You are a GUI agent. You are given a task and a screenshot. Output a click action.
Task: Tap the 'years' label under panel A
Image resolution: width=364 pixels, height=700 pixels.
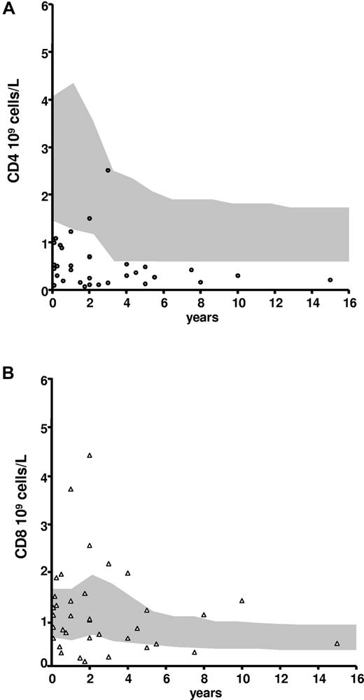tap(201, 318)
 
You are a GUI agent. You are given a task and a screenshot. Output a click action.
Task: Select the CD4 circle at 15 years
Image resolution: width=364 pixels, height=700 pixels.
tap(330, 280)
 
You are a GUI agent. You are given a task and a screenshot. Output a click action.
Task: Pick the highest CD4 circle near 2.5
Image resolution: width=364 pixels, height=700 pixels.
tap(108, 170)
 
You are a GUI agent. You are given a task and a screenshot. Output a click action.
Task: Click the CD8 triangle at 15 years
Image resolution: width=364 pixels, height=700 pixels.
tap(337, 643)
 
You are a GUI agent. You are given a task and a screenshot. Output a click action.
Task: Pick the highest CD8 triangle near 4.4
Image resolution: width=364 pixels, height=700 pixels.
tap(90, 455)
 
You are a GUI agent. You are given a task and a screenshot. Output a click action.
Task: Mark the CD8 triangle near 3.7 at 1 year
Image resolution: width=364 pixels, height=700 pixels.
tap(71, 489)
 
